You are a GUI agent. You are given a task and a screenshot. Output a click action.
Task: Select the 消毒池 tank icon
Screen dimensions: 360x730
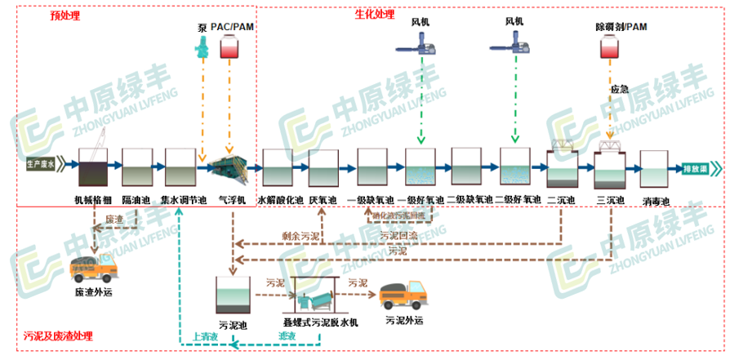655,168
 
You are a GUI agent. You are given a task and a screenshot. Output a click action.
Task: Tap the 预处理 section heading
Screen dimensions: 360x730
59,15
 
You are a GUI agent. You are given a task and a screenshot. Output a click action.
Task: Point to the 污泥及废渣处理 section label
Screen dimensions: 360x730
58,336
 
